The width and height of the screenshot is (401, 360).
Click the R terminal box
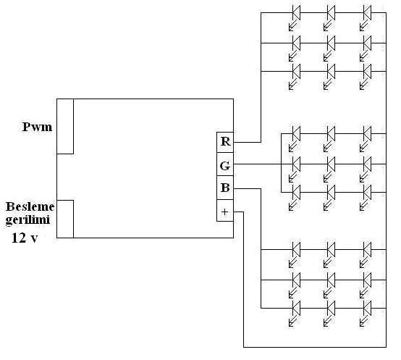pos(225,142)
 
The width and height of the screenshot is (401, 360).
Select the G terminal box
pos(225,164)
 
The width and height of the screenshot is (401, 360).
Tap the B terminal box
pos(225,188)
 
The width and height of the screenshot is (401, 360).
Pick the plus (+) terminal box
pos(225,211)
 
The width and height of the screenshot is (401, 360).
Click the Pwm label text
pos(38,127)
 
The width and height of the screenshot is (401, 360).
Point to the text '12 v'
pos(25,238)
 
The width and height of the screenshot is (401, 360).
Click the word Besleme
pos(30,206)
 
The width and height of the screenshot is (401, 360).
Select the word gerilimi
pos(28,220)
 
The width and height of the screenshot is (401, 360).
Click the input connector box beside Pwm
pos(65,126)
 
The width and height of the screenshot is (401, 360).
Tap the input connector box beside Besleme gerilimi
pos(65,219)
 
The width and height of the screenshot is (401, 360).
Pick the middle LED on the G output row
pos(330,169)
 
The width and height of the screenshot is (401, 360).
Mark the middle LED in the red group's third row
pos(330,76)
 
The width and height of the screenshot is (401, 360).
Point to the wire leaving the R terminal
pos(261,78)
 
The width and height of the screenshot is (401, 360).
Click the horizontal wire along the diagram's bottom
pos(315,347)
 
